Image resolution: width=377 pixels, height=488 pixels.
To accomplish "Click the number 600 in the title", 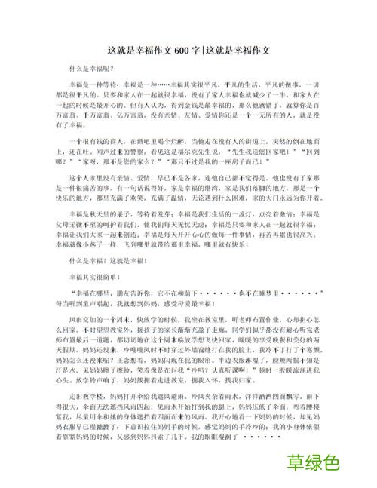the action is coord(182,51).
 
